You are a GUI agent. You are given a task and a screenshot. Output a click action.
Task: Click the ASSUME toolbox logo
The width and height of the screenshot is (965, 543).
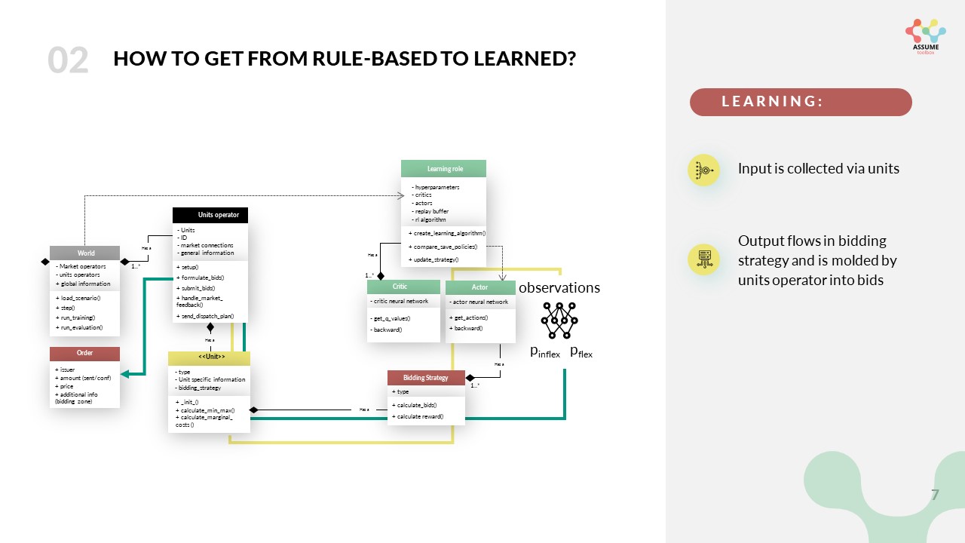click(925, 36)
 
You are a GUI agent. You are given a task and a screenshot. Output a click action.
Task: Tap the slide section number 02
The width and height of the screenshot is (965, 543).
click(68, 60)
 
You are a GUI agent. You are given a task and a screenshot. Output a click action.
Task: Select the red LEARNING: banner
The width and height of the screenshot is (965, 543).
click(801, 102)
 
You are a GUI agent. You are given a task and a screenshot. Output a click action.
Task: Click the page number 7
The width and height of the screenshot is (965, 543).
click(935, 495)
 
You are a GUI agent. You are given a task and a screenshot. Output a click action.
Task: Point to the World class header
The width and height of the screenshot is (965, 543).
click(85, 253)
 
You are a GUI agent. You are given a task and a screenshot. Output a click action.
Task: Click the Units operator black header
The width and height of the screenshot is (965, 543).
click(210, 215)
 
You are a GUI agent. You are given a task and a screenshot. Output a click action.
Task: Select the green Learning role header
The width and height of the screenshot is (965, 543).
click(444, 169)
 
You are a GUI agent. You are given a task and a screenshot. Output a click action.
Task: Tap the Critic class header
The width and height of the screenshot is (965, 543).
click(403, 287)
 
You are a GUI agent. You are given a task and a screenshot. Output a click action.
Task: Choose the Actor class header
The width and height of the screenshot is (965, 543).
click(480, 287)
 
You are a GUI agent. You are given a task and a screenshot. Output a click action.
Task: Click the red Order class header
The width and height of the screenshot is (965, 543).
click(84, 353)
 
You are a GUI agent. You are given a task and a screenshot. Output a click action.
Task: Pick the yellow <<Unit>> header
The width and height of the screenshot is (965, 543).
click(209, 357)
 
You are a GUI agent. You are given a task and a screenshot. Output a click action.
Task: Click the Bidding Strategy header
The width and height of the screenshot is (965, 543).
click(426, 377)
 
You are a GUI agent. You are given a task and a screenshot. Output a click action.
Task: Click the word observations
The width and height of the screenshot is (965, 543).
click(559, 287)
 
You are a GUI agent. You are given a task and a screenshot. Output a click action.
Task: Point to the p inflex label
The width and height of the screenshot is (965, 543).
click(545, 351)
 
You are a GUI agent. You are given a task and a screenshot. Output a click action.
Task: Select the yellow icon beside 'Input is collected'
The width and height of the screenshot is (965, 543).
click(703, 170)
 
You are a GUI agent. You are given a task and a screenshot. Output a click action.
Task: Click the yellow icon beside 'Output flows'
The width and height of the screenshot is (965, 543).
click(703, 259)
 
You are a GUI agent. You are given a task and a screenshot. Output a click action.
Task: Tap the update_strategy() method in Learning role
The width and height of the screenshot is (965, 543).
click(434, 259)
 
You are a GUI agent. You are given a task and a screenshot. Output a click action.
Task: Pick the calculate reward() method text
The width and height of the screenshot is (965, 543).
click(418, 416)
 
